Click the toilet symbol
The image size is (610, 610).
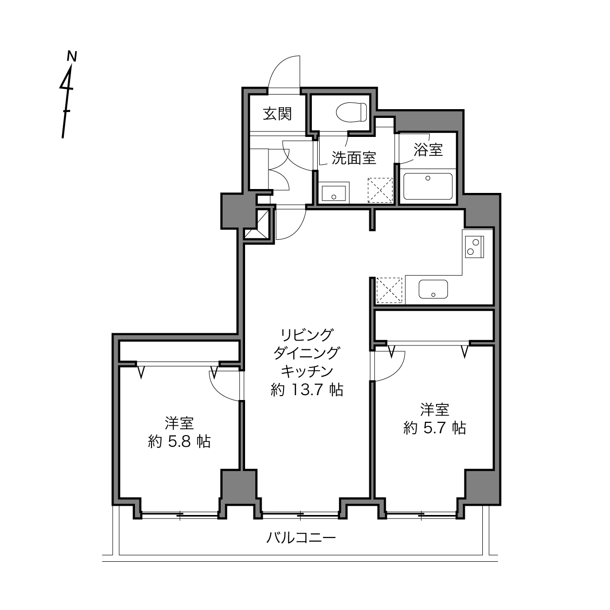[351, 112]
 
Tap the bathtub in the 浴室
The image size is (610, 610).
[428, 186]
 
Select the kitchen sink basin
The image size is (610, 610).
[433, 289]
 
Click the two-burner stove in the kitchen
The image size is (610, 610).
[474, 247]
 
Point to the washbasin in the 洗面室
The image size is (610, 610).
[334, 193]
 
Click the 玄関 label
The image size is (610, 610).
[277, 114]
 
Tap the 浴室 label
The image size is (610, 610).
[428, 150]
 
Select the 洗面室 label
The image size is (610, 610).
[354, 158]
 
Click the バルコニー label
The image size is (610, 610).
[301, 537]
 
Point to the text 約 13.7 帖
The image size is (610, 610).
[307, 390]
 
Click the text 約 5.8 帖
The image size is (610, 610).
[179, 441]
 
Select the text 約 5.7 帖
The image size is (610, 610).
[435, 428]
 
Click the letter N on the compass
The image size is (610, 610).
[72, 56]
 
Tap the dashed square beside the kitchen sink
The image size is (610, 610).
[389, 290]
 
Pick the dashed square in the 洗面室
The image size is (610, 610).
[380, 190]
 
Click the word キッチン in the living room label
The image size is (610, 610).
[307, 371]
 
